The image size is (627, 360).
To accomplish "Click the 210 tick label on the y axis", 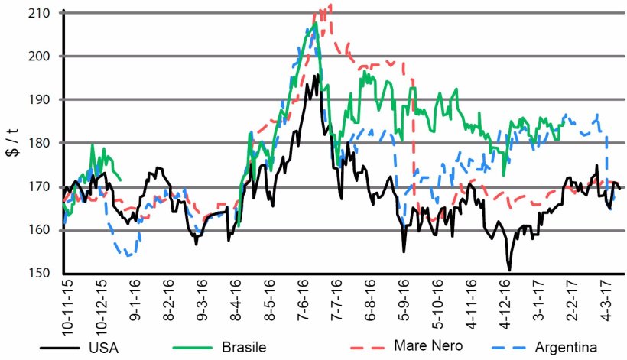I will pyautogui.click(x=43, y=13).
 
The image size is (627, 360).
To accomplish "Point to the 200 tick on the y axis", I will pyautogui.click(x=43, y=57).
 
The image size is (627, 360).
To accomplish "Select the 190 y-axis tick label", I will pyautogui.click(x=43, y=100).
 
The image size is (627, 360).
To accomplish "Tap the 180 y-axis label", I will pyautogui.click(x=43, y=143).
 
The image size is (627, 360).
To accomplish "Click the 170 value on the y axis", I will pyautogui.click(x=43, y=186).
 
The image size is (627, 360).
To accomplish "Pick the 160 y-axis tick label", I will pyautogui.click(x=43, y=230).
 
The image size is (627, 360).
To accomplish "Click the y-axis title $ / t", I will pyautogui.click(x=13, y=143).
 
